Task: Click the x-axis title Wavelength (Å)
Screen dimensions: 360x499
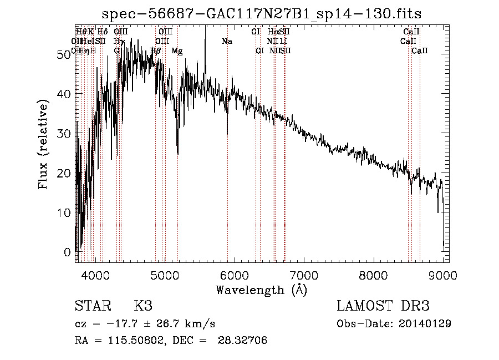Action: [x=261, y=290]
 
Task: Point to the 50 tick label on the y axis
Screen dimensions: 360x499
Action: [x=65, y=54]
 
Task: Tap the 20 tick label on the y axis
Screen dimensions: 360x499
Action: [x=65, y=173]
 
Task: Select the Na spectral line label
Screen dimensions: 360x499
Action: [x=227, y=42]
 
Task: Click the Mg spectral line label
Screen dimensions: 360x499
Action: [x=177, y=51]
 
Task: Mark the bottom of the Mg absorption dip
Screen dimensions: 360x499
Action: [x=177, y=154]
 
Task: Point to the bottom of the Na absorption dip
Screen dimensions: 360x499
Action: [x=227, y=135]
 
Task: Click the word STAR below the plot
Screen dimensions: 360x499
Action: [x=92, y=306]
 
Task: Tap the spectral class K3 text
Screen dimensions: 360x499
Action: [x=143, y=306]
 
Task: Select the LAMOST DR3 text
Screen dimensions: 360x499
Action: [x=383, y=306]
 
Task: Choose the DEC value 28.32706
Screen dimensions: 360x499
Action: [x=245, y=341]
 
